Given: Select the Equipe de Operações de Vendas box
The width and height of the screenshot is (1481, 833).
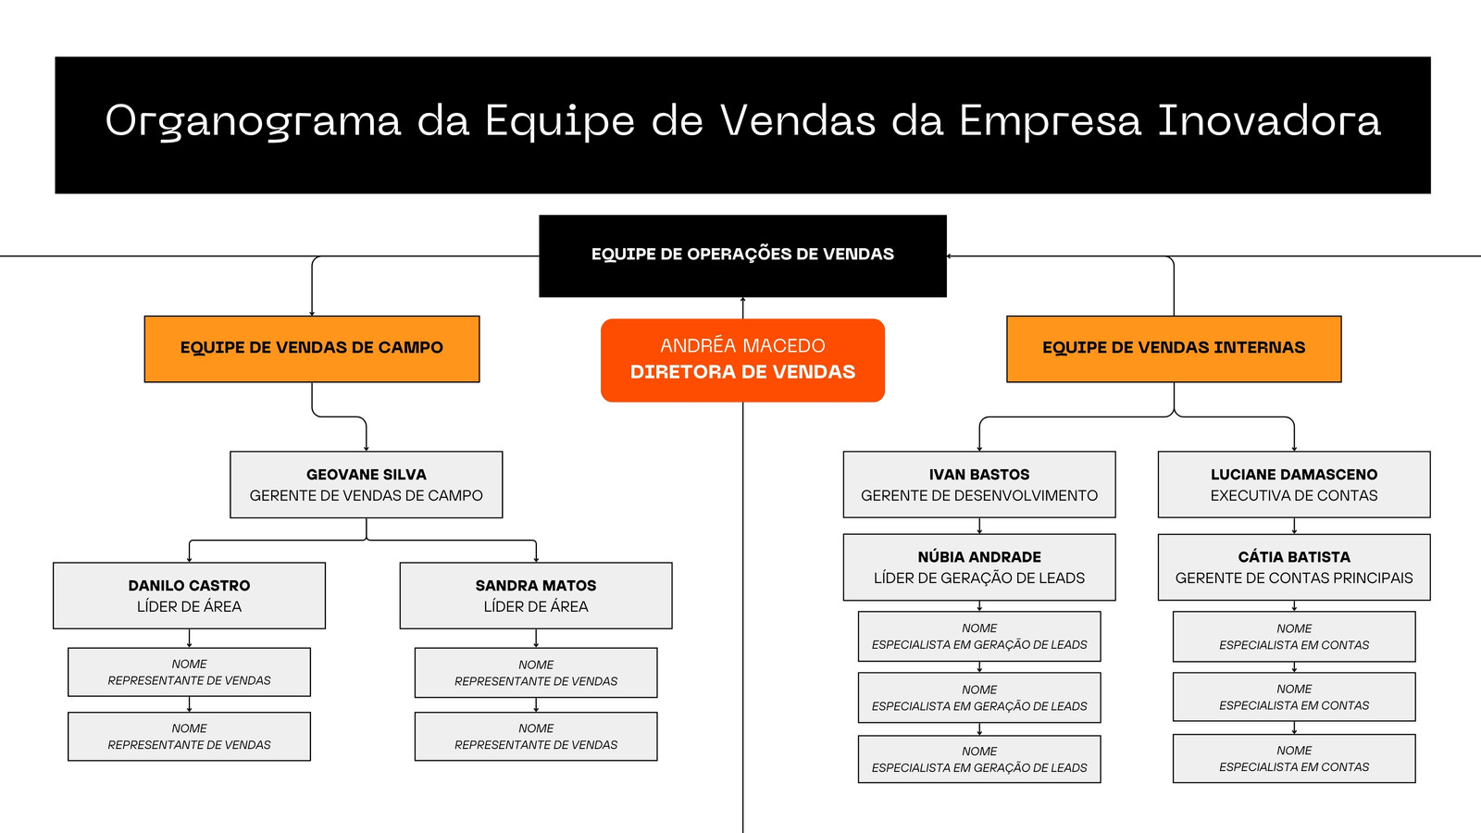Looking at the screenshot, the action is point(742,255).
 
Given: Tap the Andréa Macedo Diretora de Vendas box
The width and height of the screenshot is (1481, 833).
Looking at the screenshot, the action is point(742,360).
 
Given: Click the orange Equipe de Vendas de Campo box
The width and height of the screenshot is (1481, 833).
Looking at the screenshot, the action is point(312,349).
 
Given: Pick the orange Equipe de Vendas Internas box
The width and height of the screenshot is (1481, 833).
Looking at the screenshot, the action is point(1174,349).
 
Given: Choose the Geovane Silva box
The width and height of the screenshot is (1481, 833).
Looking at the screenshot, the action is point(367,485).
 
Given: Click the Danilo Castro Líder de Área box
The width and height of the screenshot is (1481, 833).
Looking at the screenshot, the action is point(189,596).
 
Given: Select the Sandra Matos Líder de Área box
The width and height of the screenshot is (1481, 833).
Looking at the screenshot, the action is point(536,596).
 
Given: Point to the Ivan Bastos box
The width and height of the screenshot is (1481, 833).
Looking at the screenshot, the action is point(979,485).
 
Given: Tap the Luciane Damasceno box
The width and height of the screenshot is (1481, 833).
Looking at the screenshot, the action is point(1294,485).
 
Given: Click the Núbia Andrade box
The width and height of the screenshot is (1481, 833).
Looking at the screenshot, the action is point(979,567).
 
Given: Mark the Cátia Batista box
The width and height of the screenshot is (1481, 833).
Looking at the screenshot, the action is point(1294,567).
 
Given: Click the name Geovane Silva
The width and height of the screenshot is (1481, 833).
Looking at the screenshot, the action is point(367,475).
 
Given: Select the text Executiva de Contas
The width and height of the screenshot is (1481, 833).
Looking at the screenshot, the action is point(1294,496).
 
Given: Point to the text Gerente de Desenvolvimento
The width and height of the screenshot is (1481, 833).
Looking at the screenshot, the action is point(979,496).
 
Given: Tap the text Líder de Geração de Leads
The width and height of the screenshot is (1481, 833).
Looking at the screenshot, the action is point(979,578).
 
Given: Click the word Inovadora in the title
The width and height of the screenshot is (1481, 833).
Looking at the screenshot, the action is point(1269,120).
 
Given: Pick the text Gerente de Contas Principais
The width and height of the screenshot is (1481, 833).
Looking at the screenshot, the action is point(1294,578).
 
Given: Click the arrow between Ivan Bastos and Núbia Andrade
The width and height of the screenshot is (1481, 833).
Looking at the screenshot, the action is point(979,526).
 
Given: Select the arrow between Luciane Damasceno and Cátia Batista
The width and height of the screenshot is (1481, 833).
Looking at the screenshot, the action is point(1294,526).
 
